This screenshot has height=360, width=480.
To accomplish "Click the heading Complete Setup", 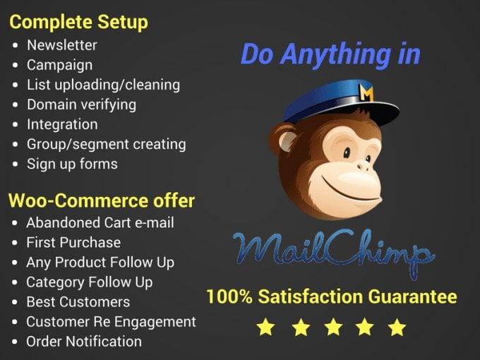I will pyautogui.click(x=78, y=22).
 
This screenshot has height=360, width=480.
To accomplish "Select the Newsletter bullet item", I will pyautogui.click(x=62, y=45).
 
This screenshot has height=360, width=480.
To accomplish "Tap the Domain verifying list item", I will pyautogui.click(x=81, y=104).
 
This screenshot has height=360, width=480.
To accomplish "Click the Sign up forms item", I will pyautogui.click(x=72, y=164).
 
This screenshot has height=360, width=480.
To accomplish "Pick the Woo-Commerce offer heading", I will pyautogui.click(x=101, y=200).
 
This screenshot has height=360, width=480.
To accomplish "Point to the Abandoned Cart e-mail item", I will pyautogui.click(x=100, y=222).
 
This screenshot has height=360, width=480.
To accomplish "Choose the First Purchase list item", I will pyautogui.click(x=73, y=242).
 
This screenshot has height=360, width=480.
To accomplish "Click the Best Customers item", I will pyautogui.click(x=78, y=301).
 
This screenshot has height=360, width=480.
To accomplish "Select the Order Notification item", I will pyautogui.click(x=83, y=341).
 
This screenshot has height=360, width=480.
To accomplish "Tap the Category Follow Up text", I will pyautogui.click(x=89, y=282).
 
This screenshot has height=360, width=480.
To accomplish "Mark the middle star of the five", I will pyautogui.click(x=332, y=327).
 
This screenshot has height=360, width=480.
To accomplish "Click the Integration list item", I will pyautogui.click(x=62, y=124).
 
